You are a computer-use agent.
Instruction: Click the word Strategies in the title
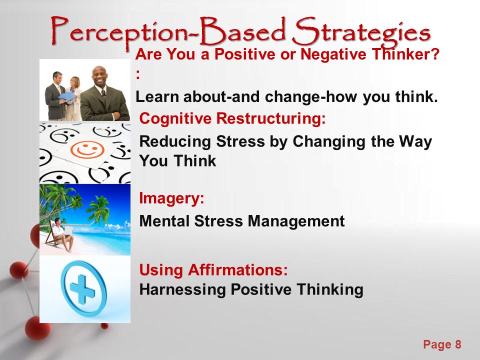click(361, 32)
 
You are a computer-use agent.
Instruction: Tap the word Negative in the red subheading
click(333, 54)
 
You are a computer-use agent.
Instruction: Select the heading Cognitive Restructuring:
click(232, 118)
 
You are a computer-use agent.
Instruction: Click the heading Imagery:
click(171, 198)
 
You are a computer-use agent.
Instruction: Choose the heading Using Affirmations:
click(213, 270)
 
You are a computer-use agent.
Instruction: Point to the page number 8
click(458, 344)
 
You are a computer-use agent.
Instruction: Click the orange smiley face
click(87, 149)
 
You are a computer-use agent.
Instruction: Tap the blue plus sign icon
click(83, 288)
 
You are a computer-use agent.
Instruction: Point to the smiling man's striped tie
click(104, 92)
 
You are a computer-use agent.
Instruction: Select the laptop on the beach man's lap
click(68, 230)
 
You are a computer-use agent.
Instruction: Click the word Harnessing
click(182, 289)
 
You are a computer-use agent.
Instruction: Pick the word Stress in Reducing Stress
click(240, 141)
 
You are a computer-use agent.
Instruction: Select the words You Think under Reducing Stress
click(177, 161)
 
